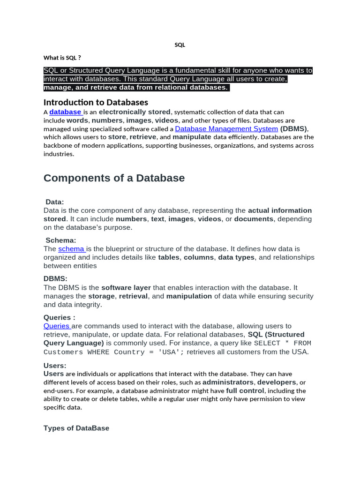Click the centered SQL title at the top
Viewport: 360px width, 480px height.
pyautogui.click(x=180, y=45)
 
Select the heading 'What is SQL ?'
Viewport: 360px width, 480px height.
pyautogui.click(x=62, y=58)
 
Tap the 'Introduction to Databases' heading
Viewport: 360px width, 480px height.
pyautogui.click(x=96, y=102)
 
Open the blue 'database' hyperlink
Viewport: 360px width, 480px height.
pyautogui.click(x=66, y=112)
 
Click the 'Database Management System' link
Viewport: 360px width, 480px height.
pyautogui.click(x=226, y=128)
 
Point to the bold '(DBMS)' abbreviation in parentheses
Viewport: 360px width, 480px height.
pyautogui.click(x=294, y=128)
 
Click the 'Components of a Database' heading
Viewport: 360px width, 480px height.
pyautogui.click(x=114, y=178)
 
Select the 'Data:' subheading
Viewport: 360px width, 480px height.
pyautogui.click(x=55, y=202)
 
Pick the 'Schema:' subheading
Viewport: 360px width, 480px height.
pyautogui.click(x=61, y=240)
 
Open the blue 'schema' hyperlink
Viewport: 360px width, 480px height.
pyautogui.click(x=71, y=249)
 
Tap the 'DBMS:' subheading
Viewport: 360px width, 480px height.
pyautogui.click(x=55, y=279)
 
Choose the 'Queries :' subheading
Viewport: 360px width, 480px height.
pyautogui.click(x=60, y=317)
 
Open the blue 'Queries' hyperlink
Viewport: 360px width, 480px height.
pyautogui.click(x=57, y=326)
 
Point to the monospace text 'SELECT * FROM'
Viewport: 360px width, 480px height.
pyautogui.click(x=283, y=343)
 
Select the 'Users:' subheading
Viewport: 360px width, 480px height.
pyautogui.click(x=55, y=366)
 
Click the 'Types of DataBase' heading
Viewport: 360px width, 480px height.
pyautogui.click(x=76, y=428)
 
